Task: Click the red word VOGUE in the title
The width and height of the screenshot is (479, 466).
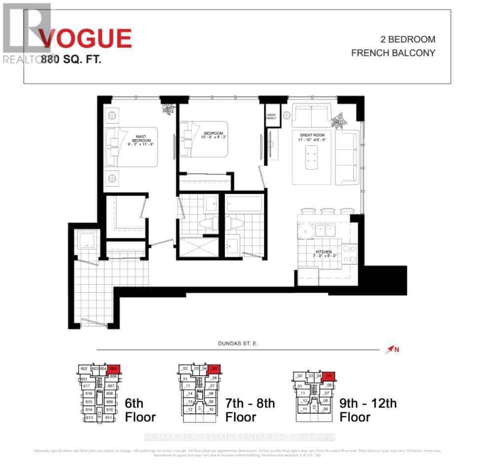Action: [x=86, y=39]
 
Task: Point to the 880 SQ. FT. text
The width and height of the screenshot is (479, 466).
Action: [x=72, y=60]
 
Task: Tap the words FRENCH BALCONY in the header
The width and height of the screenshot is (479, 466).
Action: [x=393, y=53]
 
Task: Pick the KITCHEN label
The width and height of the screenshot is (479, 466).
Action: [x=323, y=254]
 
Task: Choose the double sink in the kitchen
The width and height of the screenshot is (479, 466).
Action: [x=325, y=230]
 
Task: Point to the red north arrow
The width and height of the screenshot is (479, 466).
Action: [x=392, y=350]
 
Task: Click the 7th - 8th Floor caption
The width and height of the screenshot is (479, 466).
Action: [x=250, y=410]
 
